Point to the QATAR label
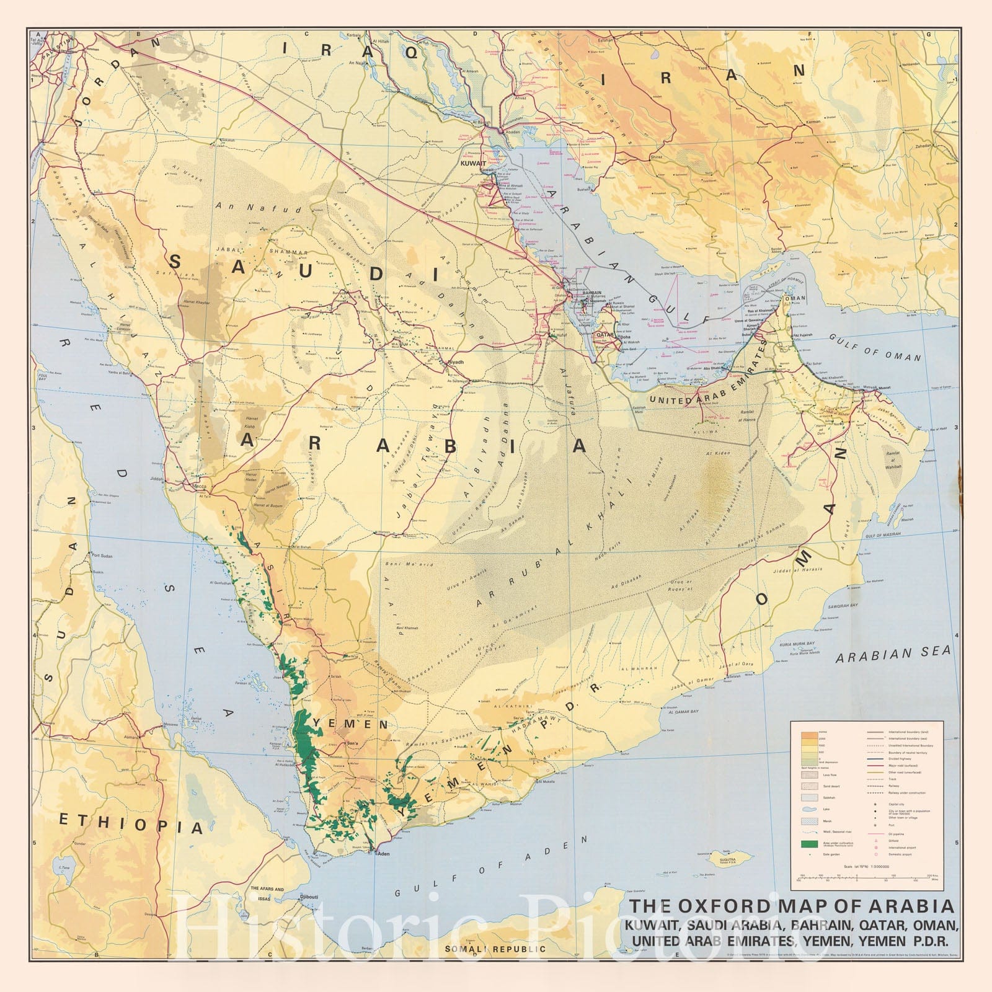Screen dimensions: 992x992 tap(604, 334)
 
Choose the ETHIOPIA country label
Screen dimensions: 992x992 tap(131, 824)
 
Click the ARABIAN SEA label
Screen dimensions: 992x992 tap(892, 653)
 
